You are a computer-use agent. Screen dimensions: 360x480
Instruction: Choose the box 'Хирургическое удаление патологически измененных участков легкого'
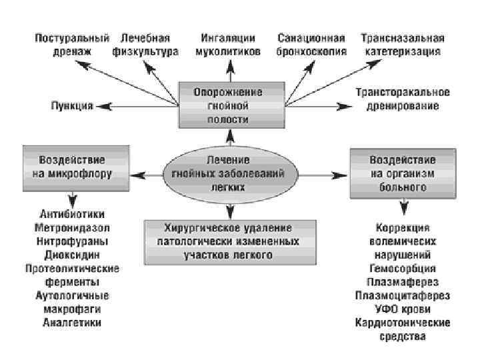228,240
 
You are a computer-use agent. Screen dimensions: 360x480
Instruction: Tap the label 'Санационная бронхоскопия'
311,44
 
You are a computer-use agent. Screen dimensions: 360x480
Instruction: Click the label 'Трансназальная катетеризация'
402,44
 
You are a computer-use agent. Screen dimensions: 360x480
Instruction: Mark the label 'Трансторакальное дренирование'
402,99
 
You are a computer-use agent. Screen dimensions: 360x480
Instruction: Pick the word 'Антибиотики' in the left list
72,215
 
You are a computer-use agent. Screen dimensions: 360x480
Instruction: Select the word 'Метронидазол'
72,228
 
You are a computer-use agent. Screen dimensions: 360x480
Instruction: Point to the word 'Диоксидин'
72,255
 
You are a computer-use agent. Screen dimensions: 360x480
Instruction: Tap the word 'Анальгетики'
72,323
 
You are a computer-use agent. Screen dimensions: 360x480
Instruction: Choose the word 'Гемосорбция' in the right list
402,269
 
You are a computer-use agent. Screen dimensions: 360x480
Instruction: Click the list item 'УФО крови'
402,309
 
